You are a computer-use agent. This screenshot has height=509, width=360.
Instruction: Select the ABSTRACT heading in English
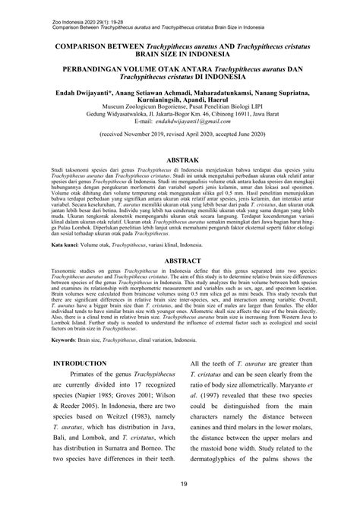[x=180, y=280]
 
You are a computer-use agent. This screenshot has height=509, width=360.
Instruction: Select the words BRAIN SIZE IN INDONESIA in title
[x=180, y=55]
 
